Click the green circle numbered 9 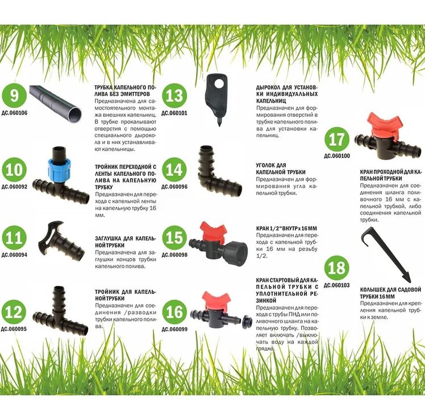pyautogui.click(x=14, y=95)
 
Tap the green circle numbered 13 pyautogui.click(x=174, y=95)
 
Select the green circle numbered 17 pyautogui.click(x=337, y=139)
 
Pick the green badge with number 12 pyautogui.click(x=14, y=312)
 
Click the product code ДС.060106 pyautogui.click(x=14, y=113)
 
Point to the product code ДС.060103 pyautogui.click(x=336, y=285)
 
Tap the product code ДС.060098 pyautogui.click(x=174, y=255)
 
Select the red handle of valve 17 pyautogui.click(x=384, y=124)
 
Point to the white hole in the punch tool pyautogui.click(x=220, y=83)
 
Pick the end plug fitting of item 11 pyautogui.click(x=61, y=242)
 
